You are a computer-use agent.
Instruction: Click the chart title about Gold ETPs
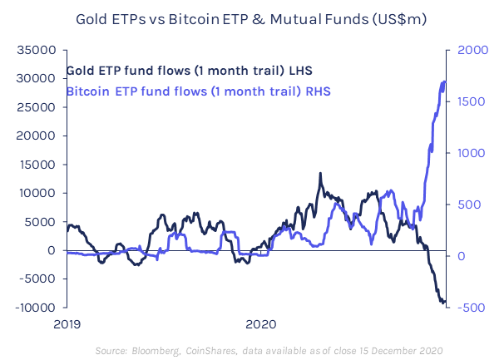tap(252, 17)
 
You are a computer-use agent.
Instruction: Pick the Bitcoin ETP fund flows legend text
tap(198, 89)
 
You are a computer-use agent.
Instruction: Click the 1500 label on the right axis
tap(469, 101)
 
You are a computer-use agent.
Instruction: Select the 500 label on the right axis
tap(467, 205)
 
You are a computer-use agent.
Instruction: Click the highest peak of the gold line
tap(320, 174)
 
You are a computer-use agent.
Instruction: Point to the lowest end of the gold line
tap(443, 303)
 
